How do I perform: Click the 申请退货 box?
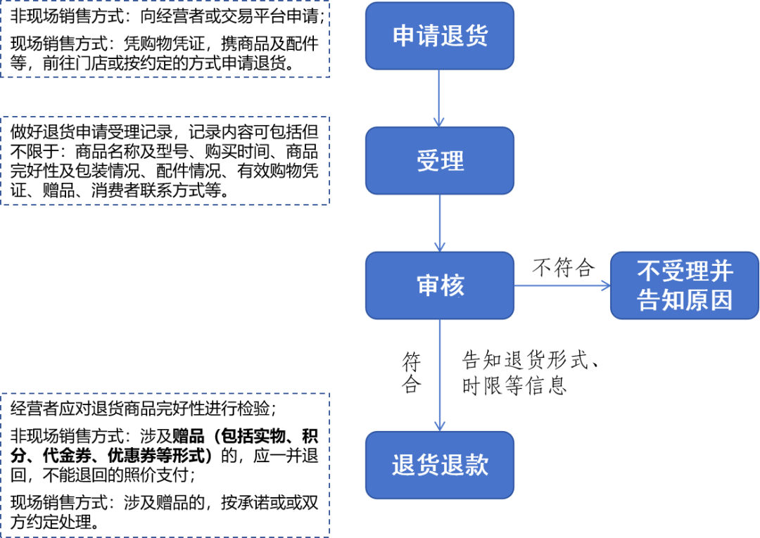point(439,36)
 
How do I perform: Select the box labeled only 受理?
point(439,161)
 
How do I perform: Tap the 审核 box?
point(439,286)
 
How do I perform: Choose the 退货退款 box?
point(439,466)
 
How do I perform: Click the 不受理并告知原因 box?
point(684,286)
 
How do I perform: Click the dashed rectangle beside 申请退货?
point(165,39)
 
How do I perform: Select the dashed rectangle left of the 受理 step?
point(165,160)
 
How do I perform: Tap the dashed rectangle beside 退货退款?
point(165,465)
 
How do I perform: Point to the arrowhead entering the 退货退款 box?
point(439,425)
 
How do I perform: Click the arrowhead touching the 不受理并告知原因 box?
point(604,286)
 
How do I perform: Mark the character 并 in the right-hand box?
point(721,271)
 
